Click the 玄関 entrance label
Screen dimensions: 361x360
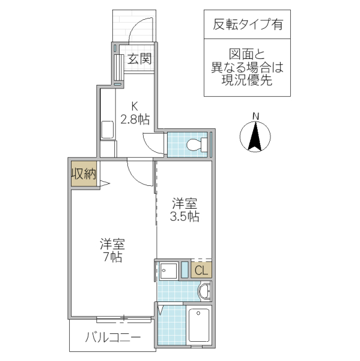coord(138,59)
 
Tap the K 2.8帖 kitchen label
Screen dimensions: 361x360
coord(134,113)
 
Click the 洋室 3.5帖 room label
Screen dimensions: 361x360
coord(185,210)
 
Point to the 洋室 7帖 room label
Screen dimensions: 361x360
coord(112,250)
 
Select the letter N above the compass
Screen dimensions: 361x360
coord(255,116)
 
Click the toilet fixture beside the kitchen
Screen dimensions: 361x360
coord(195,145)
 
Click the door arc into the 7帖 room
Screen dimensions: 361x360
coord(139,172)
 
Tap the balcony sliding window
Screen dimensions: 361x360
coord(123,317)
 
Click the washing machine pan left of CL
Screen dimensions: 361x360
coord(168,271)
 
